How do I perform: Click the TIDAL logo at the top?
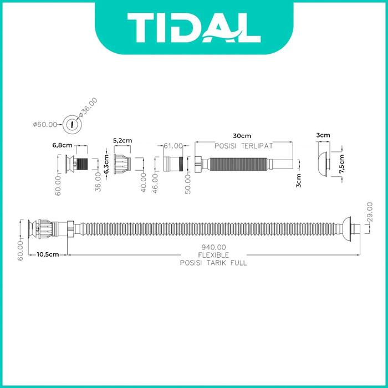click(x=194, y=28)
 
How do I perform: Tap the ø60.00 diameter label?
click(x=45, y=125)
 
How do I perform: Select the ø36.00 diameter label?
click(x=88, y=107)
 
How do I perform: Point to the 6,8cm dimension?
click(x=62, y=145)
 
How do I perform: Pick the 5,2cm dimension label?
click(x=122, y=140)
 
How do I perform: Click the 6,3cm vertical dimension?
click(x=106, y=164)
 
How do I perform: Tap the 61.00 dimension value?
click(x=173, y=146)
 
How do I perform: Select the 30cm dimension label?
click(x=242, y=136)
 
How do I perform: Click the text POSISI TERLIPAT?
click(x=243, y=146)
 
